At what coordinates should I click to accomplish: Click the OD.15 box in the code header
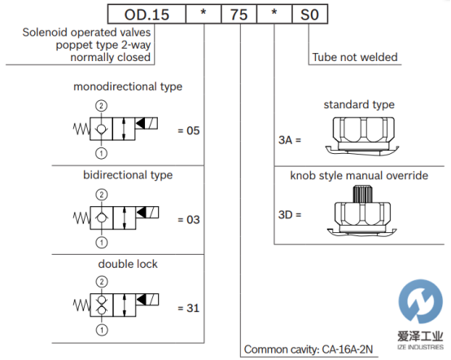click(x=147, y=14)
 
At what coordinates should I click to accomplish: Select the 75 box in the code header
click(x=239, y=14)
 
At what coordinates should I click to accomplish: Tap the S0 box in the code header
click(x=310, y=14)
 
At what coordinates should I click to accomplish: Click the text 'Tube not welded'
click(x=355, y=57)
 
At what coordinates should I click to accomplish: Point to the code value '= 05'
click(x=189, y=130)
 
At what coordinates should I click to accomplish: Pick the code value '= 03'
click(x=189, y=220)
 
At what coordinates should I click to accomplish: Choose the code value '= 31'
click(x=189, y=308)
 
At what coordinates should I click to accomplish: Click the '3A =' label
click(x=290, y=140)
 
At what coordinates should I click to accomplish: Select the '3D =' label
click(x=290, y=215)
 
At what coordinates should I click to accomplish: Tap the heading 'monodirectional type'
click(x=128, y=86)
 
